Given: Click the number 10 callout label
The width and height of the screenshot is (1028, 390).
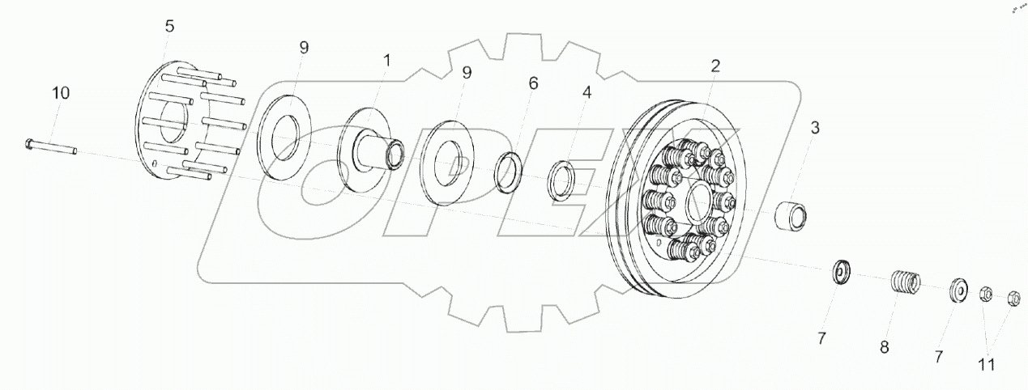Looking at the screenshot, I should point(61,93).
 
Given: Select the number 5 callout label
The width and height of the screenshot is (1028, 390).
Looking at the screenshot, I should point(169,26).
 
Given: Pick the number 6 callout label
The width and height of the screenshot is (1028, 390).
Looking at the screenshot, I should point(531,83).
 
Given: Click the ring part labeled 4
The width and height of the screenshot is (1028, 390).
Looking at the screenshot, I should point(561,182).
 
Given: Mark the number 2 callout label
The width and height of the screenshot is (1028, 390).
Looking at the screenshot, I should point(714,66).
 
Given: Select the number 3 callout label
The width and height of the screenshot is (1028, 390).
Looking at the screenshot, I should point(815,127).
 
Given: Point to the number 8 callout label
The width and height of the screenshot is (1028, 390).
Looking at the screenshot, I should point(885,348).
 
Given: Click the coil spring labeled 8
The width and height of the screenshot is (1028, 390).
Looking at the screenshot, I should point(906,283).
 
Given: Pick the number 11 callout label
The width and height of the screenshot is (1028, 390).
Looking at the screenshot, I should point(987,364).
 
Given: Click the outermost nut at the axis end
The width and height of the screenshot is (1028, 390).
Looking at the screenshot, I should point(1013,299).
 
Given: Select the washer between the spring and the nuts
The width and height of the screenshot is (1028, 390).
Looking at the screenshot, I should point(958,290).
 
